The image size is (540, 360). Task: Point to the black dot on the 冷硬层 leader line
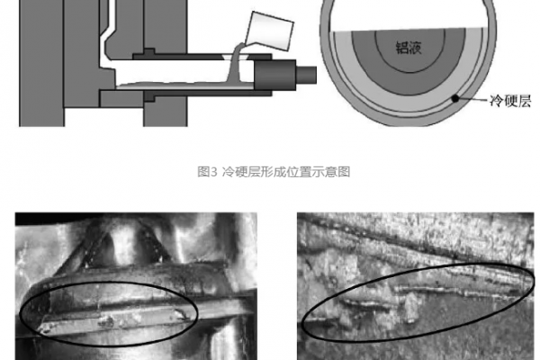pyautogui.click(x=456, y=97)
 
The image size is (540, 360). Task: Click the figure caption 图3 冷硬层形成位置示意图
pyautogui.click(x=271, y=169)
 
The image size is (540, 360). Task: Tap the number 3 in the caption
pyautogui.click(x=212, y=169)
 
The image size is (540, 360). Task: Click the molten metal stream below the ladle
pyautogui.click(x=231, y=67)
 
